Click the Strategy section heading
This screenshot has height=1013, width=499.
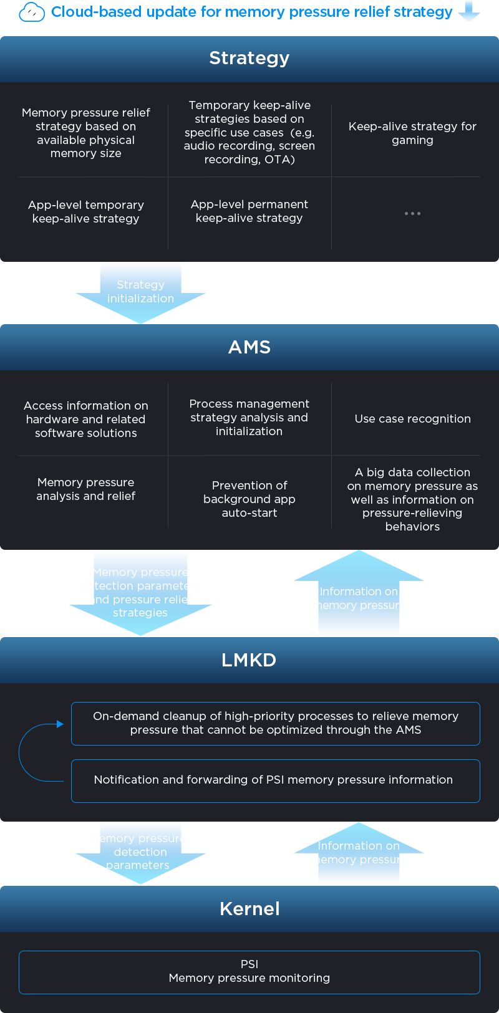click(x=249, y=58)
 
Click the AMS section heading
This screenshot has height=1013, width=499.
click(x=249, y=347)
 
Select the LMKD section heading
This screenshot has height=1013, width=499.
click(x=249, y=660)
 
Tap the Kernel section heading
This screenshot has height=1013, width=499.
click(x=249, y=908)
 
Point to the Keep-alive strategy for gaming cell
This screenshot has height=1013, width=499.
click(x=412, y=133)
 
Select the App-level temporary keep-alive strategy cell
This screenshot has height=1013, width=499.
click(x=86, y=212)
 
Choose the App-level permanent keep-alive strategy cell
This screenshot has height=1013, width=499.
click(x=249, y=211)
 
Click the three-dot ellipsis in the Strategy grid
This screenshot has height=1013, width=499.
click(x=412, y=213)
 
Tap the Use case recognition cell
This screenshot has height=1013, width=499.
click(x=412, y=419)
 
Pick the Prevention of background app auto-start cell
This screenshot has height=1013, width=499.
click(x=249, y=499)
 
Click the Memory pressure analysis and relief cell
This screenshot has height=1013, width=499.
click(x=86, y=489)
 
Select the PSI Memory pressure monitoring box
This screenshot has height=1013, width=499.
click(x=249, y=972)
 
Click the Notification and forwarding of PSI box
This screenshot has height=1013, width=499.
click(x=275, y=780)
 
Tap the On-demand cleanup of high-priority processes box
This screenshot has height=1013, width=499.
click(x=275, y=723)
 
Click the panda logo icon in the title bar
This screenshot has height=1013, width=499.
click(x=32, y=12)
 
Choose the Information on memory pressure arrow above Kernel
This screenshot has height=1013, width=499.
click(x=358, y=853)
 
